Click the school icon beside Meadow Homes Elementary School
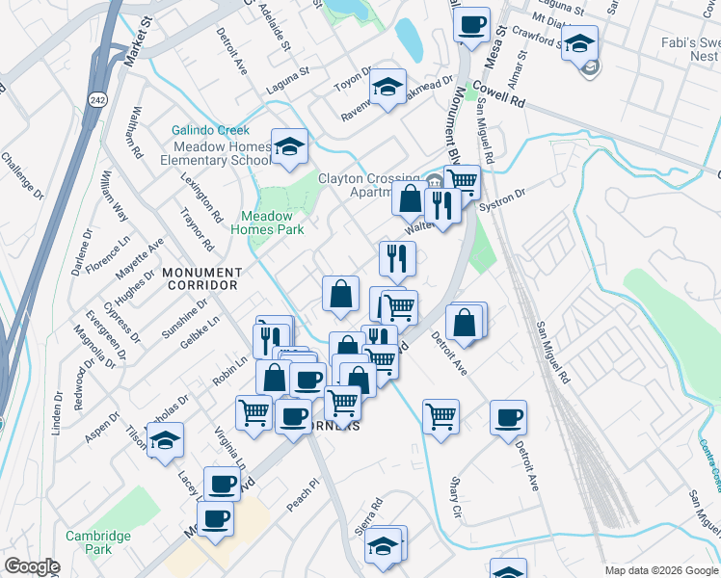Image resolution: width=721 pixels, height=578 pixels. coord(289,147)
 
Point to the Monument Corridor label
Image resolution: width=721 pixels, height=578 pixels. coord(200,278)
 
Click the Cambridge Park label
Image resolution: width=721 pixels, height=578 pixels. coord(98,542)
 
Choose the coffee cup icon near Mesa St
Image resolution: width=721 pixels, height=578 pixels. coord(471,26)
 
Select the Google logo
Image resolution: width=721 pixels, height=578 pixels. coord(32,566)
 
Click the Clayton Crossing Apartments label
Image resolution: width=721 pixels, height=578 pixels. coord(371,185)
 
